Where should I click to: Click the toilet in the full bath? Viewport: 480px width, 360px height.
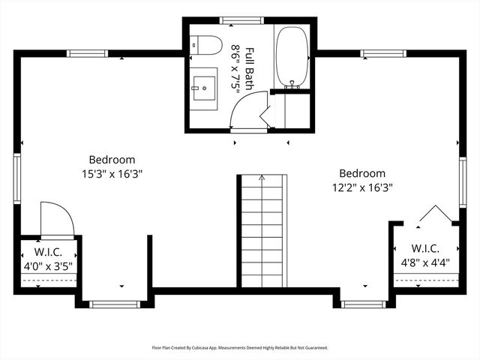point(206,44)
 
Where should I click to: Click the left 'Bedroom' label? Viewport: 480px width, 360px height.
point(112,159)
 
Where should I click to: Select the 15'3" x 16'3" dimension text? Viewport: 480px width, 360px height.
point(112,172)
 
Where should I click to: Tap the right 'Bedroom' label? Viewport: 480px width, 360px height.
point(362,173)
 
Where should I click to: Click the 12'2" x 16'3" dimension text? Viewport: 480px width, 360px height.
point(362,187)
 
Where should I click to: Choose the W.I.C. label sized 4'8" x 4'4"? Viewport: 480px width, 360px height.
point(425,248)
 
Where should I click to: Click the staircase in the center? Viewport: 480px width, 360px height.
point(262,232)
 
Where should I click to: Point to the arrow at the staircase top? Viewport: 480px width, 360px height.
point(262,178)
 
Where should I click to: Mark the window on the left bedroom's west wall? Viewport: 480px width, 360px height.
point(16,178)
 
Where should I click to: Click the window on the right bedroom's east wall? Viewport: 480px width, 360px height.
point(463,181)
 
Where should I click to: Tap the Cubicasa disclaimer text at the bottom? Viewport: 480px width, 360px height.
point(240,347)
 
